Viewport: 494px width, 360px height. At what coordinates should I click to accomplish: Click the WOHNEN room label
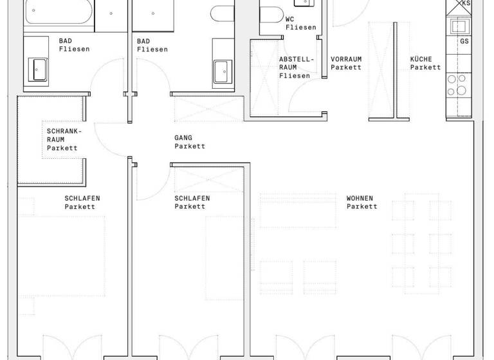coord(360,198)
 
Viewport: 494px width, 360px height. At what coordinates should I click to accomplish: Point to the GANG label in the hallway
coord(183,138)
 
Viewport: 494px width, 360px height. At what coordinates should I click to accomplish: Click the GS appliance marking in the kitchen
coord(464,41)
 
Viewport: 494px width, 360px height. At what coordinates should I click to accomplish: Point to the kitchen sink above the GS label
coord(459,26)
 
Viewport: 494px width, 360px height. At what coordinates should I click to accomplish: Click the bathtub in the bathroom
coord(58,13)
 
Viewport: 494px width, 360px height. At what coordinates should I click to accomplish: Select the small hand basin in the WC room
coord(311,3)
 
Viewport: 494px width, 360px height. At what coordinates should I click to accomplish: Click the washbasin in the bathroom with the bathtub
coord(39,68)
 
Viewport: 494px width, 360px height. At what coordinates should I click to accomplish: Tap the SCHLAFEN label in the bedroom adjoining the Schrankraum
coord(82,198)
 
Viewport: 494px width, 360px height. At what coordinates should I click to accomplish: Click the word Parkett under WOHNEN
coord(361,206)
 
